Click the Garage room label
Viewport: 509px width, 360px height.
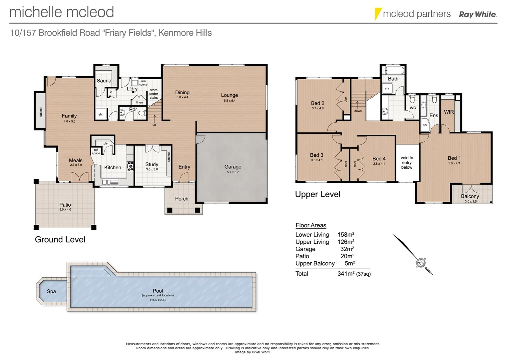(x=233, y=167)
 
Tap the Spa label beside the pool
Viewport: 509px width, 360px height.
(x=51, y=291)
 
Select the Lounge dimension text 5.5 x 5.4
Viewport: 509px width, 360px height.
(x=229, y=101)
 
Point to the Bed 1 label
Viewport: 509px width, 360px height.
(x=454, y=158)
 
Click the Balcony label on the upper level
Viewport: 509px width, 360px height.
(x=470, y=196)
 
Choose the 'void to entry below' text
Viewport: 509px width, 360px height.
(x=407, y=163)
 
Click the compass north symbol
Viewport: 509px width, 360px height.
(x=421, y=263)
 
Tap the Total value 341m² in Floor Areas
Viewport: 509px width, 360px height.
(x=346, y=274)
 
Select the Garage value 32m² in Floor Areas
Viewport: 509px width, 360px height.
(x=347, y=249)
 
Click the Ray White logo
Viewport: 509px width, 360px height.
(x=478, y=14)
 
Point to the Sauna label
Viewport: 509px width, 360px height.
(x=104, y=81)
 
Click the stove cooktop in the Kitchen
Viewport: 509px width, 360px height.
(x=131, y=166)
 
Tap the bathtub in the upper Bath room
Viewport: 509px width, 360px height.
(x=394, y=70)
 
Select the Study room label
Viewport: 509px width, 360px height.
(x=152, y=164)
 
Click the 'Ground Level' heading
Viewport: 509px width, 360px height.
(x=60, y=240)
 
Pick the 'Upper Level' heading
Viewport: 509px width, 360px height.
(x=317, y=194)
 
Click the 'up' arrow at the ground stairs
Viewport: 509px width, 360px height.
(x=154, y=119)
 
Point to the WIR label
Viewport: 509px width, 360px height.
(x=449, y=112)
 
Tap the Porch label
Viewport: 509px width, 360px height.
(x=182, y=199)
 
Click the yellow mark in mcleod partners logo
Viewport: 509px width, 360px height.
(x=377, y=14)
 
